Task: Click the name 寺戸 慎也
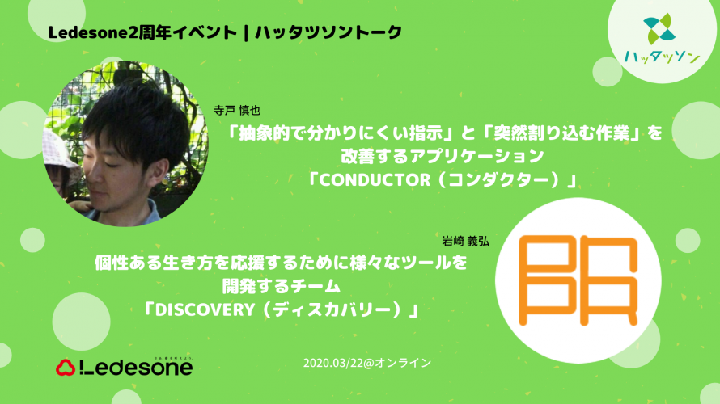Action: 237,111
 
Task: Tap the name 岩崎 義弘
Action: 465,242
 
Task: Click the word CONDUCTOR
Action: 375,180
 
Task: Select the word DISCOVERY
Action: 205,310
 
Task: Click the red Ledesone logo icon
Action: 66,368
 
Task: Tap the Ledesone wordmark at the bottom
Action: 136,368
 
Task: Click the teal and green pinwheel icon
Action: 659,28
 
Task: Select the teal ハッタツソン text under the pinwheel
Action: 662,57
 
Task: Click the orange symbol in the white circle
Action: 578,280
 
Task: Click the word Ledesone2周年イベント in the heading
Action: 142,32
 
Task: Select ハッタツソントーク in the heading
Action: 328,32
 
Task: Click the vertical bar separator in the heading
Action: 247,32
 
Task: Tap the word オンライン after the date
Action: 403,363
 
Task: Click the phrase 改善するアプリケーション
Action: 443,157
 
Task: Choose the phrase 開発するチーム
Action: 281,287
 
